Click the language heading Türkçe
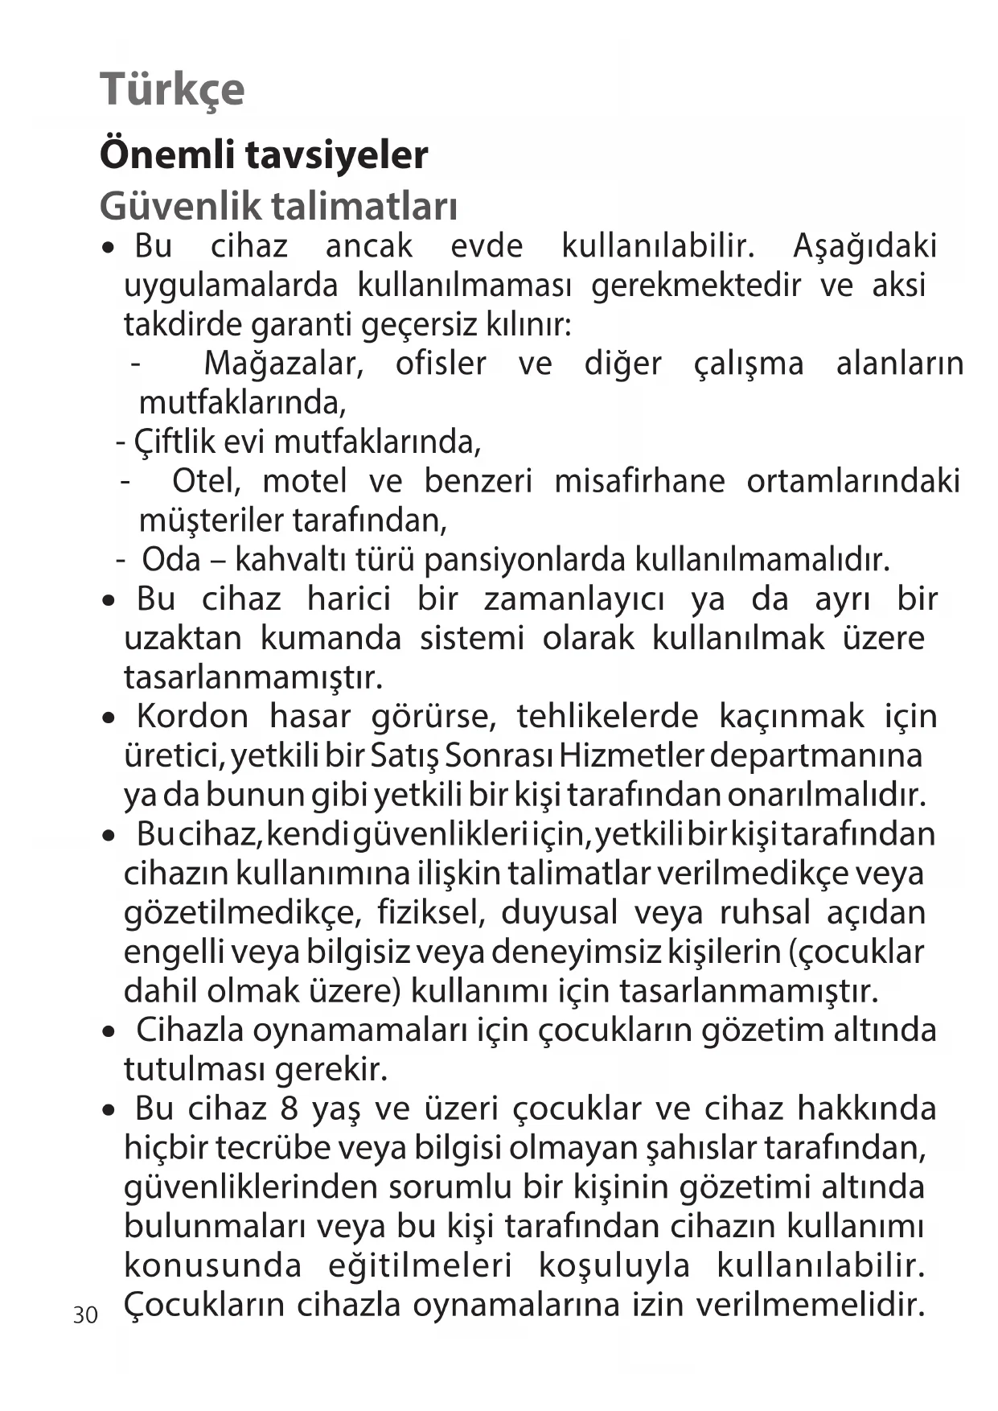[172, 88]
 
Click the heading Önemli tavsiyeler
[263, 154]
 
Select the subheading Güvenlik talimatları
[278, 206]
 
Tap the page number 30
[84, 1315]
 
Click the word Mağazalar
[283, 364]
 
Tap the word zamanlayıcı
[574, 599]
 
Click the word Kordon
[192, 716]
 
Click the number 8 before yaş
[290, 1109]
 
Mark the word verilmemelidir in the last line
[808, 1305]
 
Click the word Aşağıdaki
[865, 246]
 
